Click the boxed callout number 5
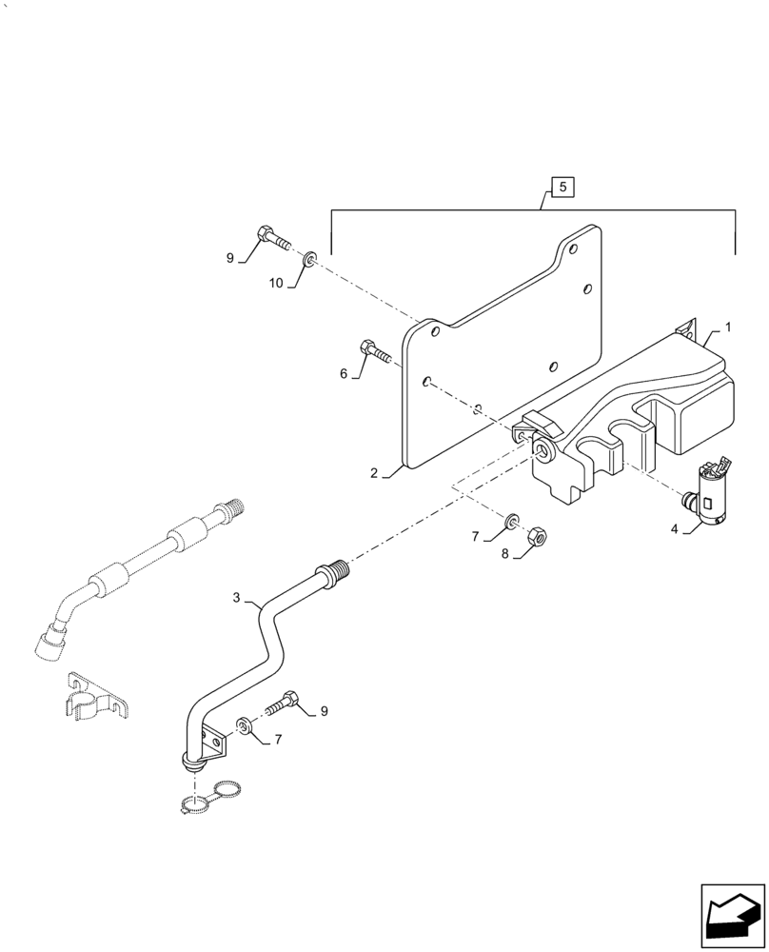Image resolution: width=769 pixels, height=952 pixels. click(x=562, y=188)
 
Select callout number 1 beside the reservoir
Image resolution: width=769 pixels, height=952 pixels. click(x=727, y=327)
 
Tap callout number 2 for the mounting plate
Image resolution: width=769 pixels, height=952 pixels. click(x=375, y=472)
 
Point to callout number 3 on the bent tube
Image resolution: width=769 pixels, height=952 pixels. click(x=237, y=598)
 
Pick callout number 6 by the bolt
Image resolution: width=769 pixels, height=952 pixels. click(x=344, y=374)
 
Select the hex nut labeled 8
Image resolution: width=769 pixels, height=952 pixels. click(x=536, y=535)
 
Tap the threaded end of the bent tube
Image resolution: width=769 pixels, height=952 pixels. click(x=337, y=573)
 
